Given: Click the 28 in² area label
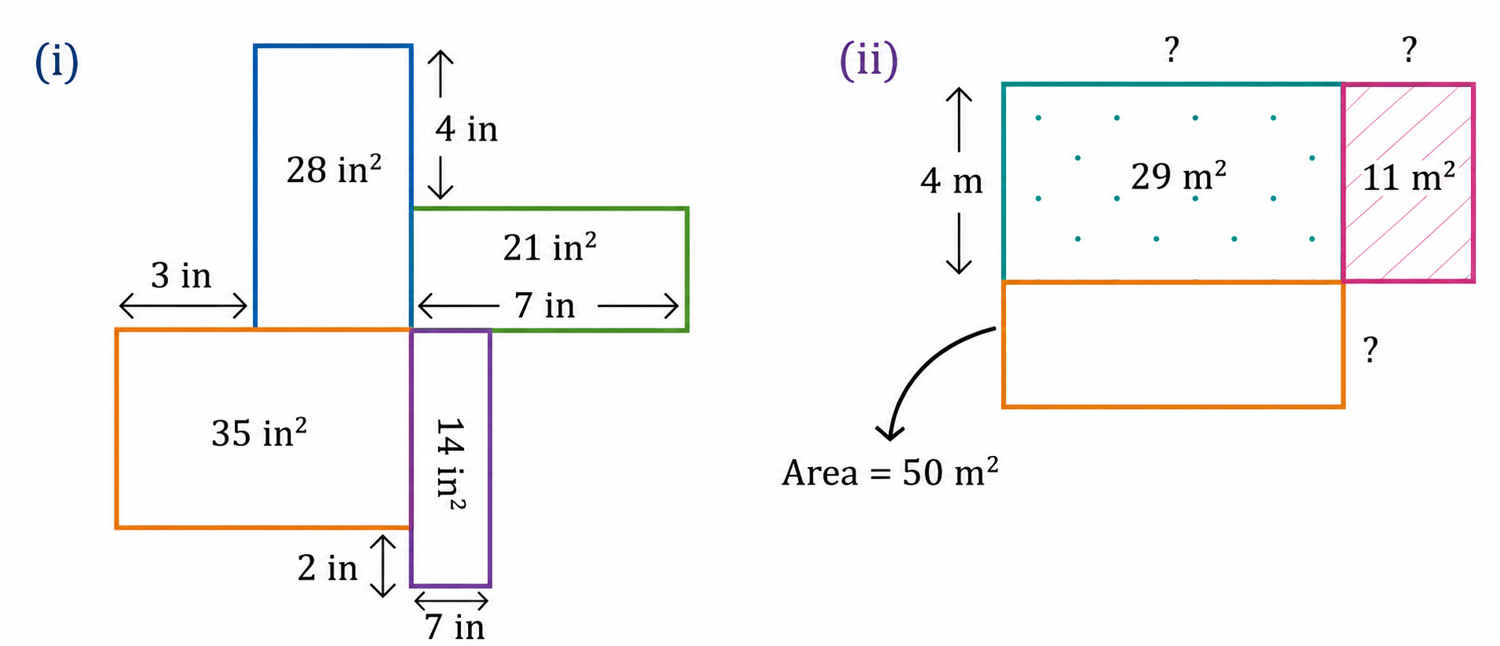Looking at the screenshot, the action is tap(334, 169).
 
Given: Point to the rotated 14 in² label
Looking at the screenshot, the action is tap(451, 464).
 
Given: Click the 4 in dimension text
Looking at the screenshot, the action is tap(466, 129).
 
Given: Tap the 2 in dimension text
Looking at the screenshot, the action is tap(327, 568).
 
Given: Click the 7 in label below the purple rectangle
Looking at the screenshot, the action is tap(455, 627).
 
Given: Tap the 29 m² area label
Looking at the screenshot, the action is tap(1179, 176).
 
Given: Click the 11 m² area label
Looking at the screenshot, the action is tap(1409, 177).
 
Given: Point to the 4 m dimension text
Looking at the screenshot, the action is tap(952, 181).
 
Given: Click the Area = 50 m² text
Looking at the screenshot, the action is tap(890, 472).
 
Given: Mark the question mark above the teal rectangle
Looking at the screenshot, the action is tap(1172, 49).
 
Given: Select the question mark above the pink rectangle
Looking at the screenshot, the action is tap(1410, 49).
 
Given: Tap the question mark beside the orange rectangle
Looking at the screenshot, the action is tap(1370, 349).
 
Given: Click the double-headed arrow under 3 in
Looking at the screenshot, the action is tap(183, 306).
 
